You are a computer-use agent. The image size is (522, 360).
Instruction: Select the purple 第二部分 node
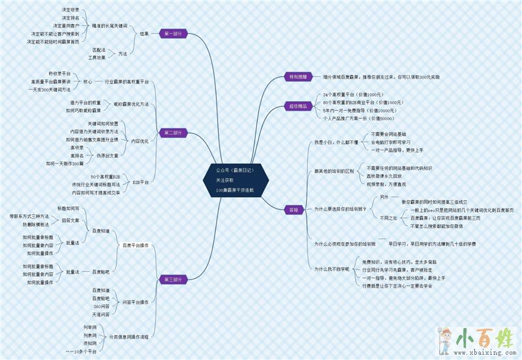coord(173,132)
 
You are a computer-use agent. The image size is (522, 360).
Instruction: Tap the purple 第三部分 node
coord(172,279)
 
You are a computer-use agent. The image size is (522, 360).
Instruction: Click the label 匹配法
coord(99,50)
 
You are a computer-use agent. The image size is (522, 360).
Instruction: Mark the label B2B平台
coord(140,182)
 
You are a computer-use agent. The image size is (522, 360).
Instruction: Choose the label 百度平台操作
coord(135,245)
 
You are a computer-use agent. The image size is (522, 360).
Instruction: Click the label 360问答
coord(100,307)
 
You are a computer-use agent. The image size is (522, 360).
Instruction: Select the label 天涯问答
coord(100,314)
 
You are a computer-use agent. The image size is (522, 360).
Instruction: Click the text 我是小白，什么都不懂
coord(336,142)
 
